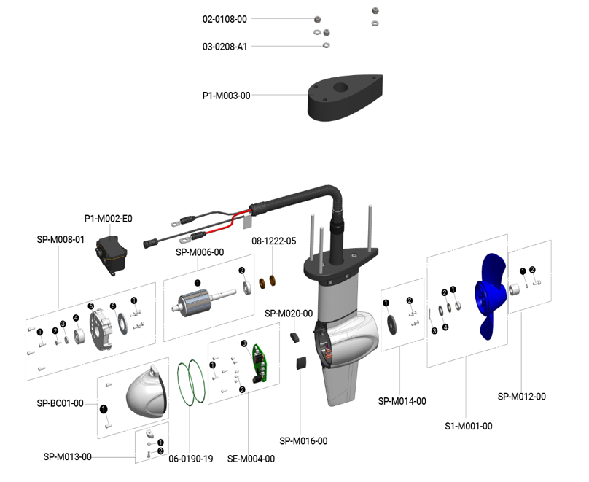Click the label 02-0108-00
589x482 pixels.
point(225,19)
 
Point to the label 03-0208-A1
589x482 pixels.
point(225,47)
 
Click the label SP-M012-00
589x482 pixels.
point(522,397)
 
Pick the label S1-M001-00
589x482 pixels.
point(468,426)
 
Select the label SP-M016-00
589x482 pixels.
point(304,440)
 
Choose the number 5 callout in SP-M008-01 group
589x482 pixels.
point(91,306)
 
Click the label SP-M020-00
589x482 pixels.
point(289,314)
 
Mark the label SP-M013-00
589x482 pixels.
point(67,457)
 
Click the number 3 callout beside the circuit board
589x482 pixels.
point(244,343)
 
